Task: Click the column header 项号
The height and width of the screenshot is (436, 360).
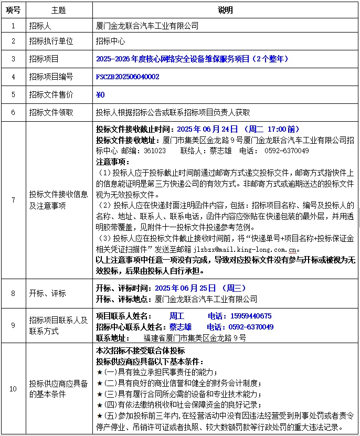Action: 13,10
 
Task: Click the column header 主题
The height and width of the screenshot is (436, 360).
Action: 59,10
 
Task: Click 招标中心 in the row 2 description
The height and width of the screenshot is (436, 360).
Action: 110,41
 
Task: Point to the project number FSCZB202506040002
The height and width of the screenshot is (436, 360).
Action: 128,77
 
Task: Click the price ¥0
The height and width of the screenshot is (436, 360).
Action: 101,94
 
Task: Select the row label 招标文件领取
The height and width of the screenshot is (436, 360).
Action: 51,112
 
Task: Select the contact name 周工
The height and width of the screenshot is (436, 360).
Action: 177,316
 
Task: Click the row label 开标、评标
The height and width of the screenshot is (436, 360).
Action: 48,293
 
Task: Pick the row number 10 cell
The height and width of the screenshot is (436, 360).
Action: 13,389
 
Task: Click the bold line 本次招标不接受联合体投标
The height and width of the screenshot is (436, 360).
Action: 140,350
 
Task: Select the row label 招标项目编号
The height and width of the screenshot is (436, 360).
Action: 51,77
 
